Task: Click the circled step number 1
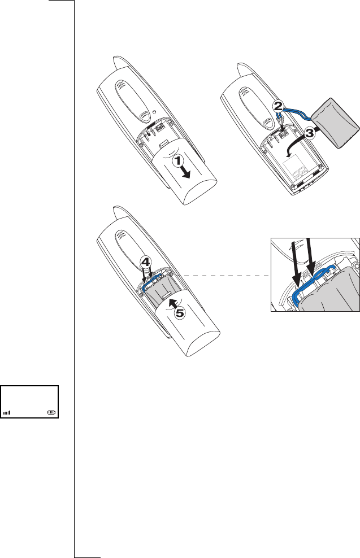[177, 161]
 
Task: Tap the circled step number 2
[277, 106]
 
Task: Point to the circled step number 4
[145, 263]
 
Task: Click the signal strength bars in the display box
[7, 413]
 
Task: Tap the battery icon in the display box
[52, 412]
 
